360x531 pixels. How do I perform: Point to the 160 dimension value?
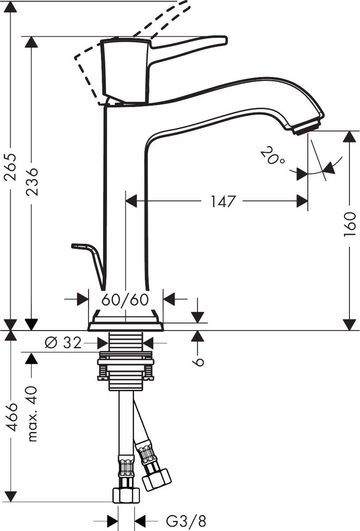[x=349, y=224]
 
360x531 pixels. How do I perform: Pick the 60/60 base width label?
[x=125, y=300]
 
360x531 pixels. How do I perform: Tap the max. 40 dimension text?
[x=32, y=413]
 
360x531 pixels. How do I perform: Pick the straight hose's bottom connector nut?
[x=126, y=494]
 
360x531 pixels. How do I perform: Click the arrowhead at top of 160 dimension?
[x=349, y=136]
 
